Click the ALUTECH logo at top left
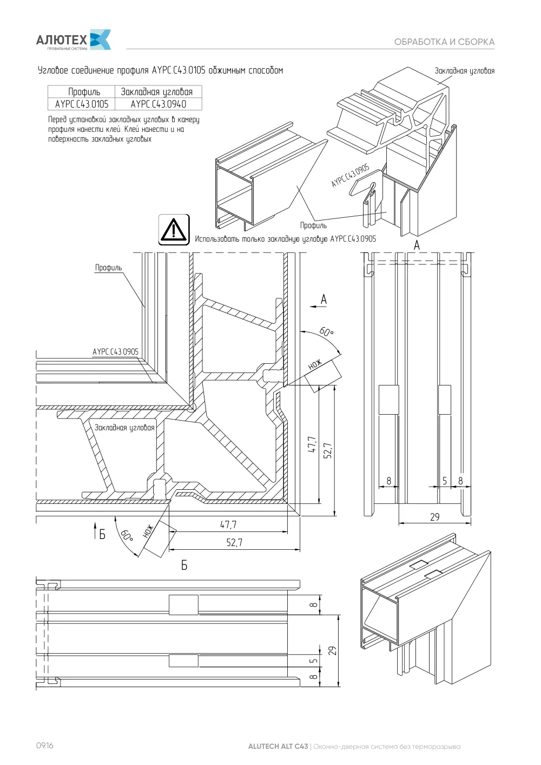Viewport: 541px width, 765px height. (x=73, y=40)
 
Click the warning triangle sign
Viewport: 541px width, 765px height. (x=174, y=229)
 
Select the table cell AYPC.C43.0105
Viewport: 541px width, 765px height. (x=82, y=104)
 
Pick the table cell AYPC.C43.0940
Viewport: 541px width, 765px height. (x=158, y=104)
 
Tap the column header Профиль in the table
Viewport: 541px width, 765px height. (x=84, y=91)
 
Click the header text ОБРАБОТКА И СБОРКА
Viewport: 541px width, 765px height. (x=444, y=42)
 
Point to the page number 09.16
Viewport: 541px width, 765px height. (x=45, y=745)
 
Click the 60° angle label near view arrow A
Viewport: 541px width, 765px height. (x=326, y=331)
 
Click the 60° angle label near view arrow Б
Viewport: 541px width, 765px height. (x=127, y=535)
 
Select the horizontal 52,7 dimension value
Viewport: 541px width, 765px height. (x=234, y=542)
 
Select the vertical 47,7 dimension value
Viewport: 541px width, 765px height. (x=312, y=444)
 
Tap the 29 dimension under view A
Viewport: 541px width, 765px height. (x=435, y=517)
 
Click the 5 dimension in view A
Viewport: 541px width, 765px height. (x=445, y=481)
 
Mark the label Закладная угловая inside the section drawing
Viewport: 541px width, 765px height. (x=124, y=428)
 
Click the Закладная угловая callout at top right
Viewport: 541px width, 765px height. (x=464, y=71)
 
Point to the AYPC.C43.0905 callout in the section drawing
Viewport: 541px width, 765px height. (x=116, y=352)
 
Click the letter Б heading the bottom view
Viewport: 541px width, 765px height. (x=184, y=566)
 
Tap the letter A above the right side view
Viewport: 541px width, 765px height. (x=417, y=245)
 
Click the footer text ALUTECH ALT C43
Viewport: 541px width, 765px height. (x=278, y=747)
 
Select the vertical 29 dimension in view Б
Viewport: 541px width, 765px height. (x=332, y=650)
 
